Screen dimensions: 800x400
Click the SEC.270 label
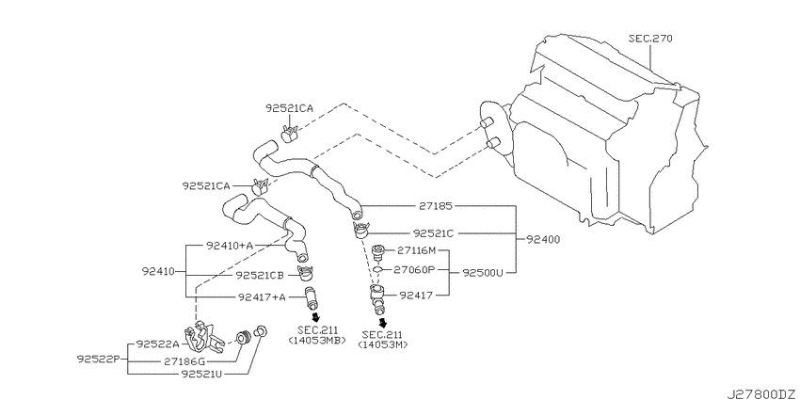point(650,39)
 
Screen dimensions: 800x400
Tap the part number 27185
point(436,206)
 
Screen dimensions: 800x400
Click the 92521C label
point(434,233)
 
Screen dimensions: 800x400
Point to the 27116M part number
point(417,250)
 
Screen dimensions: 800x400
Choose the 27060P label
point(414,269)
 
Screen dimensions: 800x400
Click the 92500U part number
point(483,273)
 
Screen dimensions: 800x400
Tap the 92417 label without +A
point(416,295)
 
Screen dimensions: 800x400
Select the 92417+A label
point(262,296)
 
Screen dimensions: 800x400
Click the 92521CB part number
point(260,276)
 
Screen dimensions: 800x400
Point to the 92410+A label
point(230,246)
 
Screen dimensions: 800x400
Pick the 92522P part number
point(98,359)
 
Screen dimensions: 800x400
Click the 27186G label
point(184,361)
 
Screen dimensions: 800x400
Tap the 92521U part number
point(201,374)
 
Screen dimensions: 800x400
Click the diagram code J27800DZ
point(761,394)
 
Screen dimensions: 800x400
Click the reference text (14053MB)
point(316,341)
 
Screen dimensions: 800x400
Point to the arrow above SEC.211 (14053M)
point(382,323)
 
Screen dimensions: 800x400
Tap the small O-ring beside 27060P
point(377,269)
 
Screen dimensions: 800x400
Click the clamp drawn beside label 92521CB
point(306,273)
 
